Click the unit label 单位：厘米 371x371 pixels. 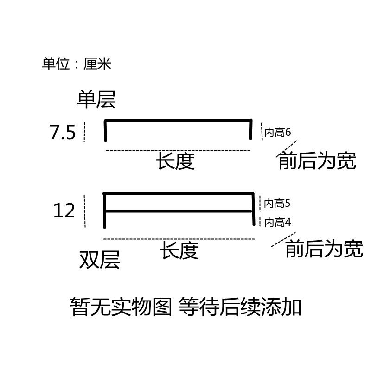click(x=77, y=64)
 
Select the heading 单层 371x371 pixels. click(x=96, y=99)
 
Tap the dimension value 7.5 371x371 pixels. click(x=62, y=133)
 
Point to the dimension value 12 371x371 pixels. click(x=64, y=211)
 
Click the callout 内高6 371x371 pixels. click(x=277, y=133)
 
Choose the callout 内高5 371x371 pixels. click(x=277, y=203)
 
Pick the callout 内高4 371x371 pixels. click(x=277, y=223)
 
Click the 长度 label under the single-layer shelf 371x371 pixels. click(x=175, y=161)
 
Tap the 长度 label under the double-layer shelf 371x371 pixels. click(x=179, y=251)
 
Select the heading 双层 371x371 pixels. click(x=100, y=260)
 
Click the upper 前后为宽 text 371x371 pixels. click(x=317, y=161)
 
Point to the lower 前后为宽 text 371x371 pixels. click(x=324, y=250)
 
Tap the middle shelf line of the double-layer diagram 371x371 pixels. click(x=179, y=211)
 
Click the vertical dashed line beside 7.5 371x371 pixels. click(x=84, y=132)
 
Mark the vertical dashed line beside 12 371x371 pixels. click(x=84, y=211)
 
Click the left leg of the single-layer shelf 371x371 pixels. click(x=106, y=131)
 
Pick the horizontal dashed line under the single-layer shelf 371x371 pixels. click(x=178, y=151)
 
